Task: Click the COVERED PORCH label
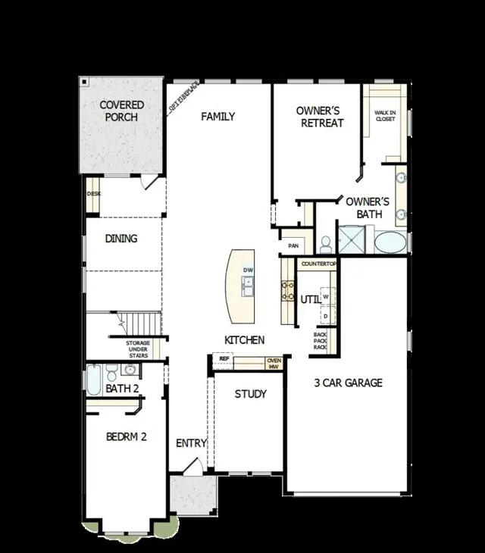(x=121, y=111)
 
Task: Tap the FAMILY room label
(x=217, y=117)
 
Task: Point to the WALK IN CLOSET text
(x=385, y=116)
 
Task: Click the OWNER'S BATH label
(x=368, y=208)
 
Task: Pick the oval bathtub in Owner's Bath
(x=390, y=242)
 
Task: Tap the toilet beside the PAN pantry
(x=326, y=244)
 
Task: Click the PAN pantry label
(x=294, y=245)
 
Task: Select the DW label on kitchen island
(x=248, y=270)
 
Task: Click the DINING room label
(x=121, y=239)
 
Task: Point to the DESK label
(x=93, y=194)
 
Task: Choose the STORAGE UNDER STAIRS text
(x=138, y=348)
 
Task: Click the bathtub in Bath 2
(x=94, y=380)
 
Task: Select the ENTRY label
(x=191, y=443)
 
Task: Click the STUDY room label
(x=250, y=394)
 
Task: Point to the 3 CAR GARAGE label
(x=349, y=383)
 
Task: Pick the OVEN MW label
(x=274, y=364)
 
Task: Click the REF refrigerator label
(x=224, y=359)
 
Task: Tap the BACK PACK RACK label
(x=321, y=341)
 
